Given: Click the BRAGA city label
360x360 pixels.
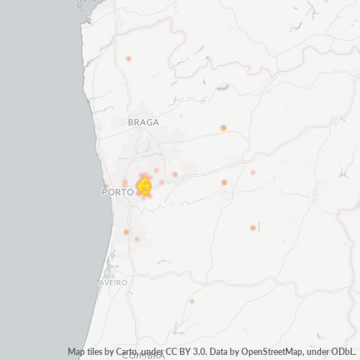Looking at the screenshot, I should [143, 122].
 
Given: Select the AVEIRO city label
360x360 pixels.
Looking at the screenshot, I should [112, 283].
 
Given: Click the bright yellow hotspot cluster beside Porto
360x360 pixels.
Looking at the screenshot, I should [143, 186].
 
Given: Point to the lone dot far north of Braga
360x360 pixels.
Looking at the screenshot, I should [128, 58].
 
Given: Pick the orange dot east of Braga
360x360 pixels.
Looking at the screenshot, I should [223, 127].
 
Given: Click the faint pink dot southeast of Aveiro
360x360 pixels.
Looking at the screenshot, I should [192, 301].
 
